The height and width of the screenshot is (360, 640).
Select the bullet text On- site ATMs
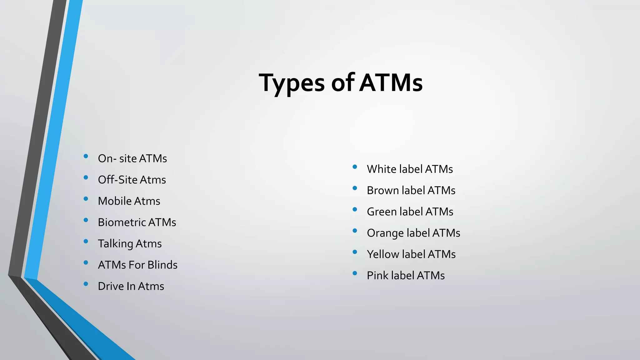coord(132,158)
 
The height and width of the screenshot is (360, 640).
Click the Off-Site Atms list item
coord(132,180)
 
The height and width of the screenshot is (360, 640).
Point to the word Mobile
coord(114,201)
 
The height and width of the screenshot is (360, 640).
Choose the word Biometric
coord(122,222)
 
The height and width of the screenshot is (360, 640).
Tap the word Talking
coord(115,244)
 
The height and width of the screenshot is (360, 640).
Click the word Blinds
coord(162,265)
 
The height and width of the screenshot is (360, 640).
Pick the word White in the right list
coord(382,169)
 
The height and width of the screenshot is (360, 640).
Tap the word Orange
coord(385,233)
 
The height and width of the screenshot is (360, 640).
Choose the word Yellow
coord(383,254)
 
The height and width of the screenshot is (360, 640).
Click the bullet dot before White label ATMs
coord(355,167)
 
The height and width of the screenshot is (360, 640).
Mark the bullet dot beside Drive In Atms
coord(86,284)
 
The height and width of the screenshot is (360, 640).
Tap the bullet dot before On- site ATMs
coord(86,156)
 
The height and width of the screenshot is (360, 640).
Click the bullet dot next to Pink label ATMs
coord(355,273)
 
